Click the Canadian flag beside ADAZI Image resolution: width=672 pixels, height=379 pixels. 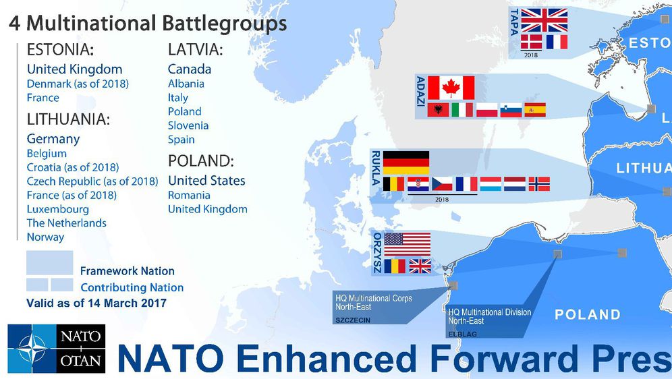tap(451, 88)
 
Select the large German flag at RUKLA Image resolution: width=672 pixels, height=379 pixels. tap(406, 163)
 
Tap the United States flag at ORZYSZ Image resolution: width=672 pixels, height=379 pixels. tap(407, 244)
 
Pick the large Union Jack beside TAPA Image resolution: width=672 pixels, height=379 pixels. tap(544, 20)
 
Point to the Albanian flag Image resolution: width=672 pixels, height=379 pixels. tap(439, 110)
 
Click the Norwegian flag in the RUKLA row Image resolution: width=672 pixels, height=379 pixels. tap(538, 183)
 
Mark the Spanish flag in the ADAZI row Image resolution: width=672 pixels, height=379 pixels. tap(534, 110)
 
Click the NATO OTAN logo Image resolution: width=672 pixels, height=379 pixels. tap(57, 348)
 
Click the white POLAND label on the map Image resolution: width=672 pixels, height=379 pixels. tap(588, 314)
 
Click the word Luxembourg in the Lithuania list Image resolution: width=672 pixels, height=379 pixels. tap(58, 209)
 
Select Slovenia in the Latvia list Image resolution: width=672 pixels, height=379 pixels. tap(188, 125)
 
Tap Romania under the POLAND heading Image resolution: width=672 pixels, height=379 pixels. tap(189, 195)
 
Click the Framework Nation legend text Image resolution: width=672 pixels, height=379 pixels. tap(128, 271)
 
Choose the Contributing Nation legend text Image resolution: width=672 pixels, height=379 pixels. tap(132, 287)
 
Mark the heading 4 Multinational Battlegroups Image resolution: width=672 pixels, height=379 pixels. tap(148, 24)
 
